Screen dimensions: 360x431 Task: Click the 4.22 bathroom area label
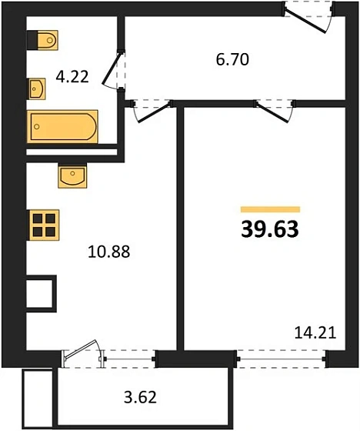click(72, 77)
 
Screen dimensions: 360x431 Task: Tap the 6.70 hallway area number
click(232, 60)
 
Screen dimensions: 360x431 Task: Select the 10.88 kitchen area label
click(108, 252)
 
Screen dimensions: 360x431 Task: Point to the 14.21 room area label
click(315, 332)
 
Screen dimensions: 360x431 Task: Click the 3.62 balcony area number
click(140, 397)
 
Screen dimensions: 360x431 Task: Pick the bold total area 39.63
click(270, 229)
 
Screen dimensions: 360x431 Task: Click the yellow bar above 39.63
click(270, 209)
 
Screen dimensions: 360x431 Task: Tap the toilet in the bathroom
click(42, 40)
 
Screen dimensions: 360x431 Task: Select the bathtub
click(62, 127)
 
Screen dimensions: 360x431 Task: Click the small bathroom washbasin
click(38, 89)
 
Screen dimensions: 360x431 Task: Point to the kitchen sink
click(72, 176)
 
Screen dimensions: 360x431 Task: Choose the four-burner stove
click(45, 225)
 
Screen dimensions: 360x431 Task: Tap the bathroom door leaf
click(111, 68)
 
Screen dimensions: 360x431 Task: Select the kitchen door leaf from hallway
click(154, 112)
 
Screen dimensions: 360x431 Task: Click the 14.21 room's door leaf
click(272, 112)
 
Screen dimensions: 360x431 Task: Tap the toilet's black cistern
click(32, 40)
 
